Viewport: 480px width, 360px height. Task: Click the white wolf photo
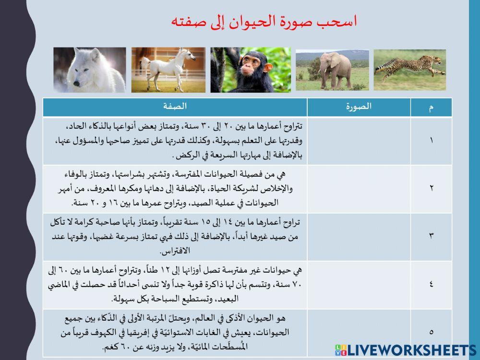point(89,70)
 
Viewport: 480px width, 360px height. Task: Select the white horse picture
point(168,70)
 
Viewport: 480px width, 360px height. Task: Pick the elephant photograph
point(332,70)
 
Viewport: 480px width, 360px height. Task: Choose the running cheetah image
point(409,70)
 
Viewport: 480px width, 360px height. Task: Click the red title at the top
point(264,22)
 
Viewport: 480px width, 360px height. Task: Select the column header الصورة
point(359,107)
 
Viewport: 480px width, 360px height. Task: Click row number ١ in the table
point(431,141)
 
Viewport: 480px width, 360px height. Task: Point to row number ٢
point(431,188)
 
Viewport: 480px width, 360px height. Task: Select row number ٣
point(431,236)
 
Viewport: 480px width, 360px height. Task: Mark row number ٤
point(431,284)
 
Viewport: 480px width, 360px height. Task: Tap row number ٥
point(431,331)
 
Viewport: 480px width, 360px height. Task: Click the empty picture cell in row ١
point(359,141)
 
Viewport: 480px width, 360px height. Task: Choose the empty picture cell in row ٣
point(359,236)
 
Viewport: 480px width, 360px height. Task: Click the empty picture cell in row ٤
point(359,284)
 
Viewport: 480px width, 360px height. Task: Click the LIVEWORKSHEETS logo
point(406,350)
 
